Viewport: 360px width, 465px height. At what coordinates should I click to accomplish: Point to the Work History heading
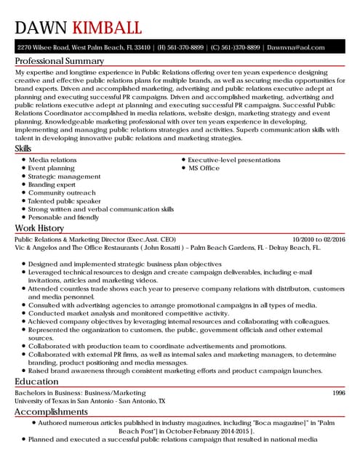[x=40, y=228]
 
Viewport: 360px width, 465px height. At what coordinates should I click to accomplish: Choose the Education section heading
[x=36, y=381]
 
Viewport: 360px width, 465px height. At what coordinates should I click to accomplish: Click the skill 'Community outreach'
[x=62, y=193]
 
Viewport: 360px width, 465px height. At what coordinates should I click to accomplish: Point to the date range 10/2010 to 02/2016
[x=319, y=239]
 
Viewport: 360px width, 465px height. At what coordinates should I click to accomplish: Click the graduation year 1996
[x=338, y=392]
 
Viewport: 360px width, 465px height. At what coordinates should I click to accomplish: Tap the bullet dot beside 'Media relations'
[x=24, y=160]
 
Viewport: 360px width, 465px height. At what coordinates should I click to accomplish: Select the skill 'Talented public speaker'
[x=65, y=201]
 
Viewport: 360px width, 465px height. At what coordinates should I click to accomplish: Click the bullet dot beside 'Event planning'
[x=24, y=168]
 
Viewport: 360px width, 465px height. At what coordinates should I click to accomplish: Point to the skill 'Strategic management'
[x=65, y=176]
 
